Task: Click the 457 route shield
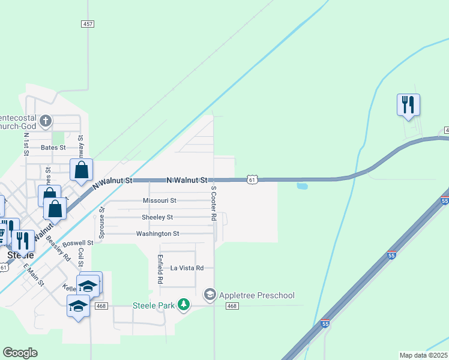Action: point(88,23)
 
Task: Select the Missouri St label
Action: point(160,200)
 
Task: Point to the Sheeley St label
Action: point(157,217)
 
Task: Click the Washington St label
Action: point(157,234)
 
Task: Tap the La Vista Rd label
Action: point(187,268)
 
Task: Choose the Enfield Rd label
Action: point(160,268)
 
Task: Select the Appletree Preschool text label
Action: point(257,295)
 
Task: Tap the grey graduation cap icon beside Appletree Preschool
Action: point(210,294)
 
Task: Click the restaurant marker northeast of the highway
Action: point(408,104)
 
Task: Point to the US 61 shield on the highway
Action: point(253,179)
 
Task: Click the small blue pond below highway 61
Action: point(302,186)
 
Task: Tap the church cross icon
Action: point(44,122)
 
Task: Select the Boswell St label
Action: point(78,243)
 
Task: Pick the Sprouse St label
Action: point(101,221)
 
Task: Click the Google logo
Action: point(20,353)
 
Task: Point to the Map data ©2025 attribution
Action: point(424,355)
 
